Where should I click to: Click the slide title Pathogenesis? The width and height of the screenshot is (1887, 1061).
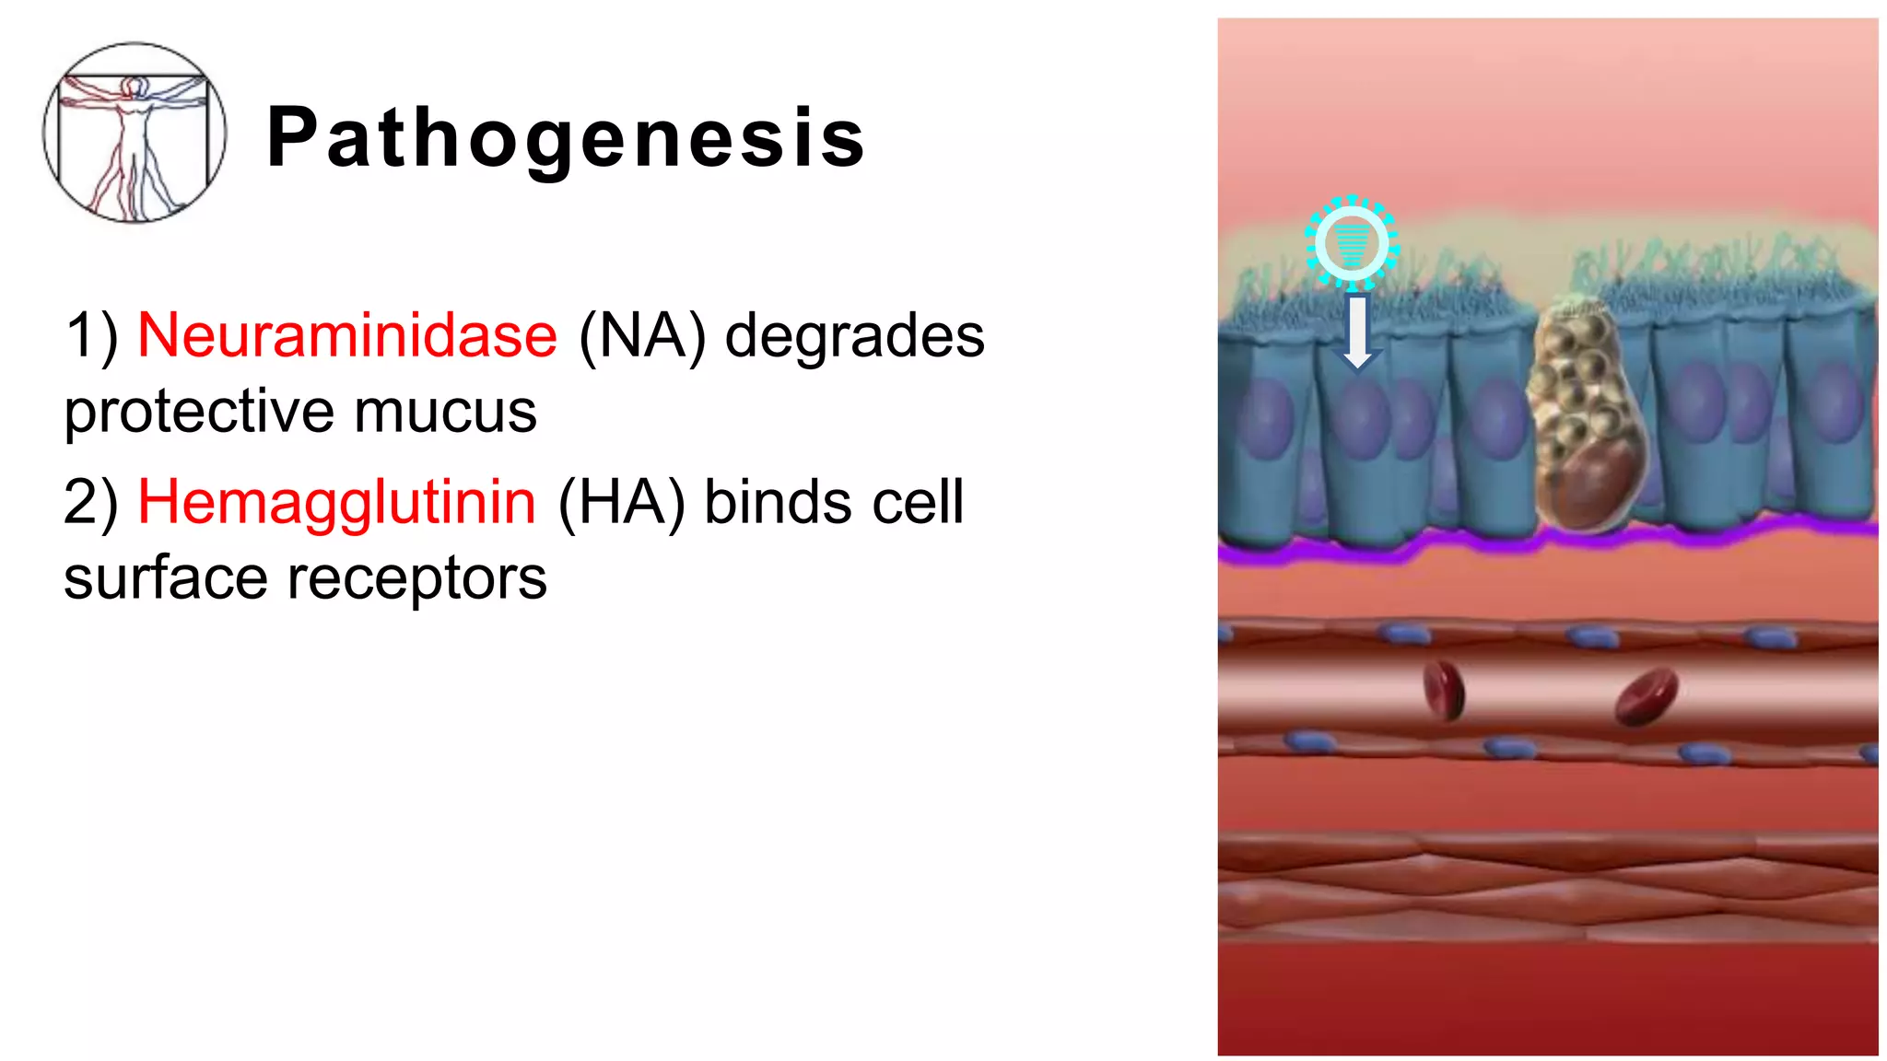pyautogui.click(x=566, y=138)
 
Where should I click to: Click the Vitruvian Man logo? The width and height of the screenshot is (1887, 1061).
pyautogui.click(x=135, y=133)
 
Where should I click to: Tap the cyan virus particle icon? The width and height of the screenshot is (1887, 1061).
pyautogui.click(x=1351, y=241)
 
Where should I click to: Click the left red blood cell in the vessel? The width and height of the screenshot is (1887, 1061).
pyautogui.click(x=1443, y=690)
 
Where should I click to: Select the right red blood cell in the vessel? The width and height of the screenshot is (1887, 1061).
pyautogui.click(x=1647, y=696)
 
